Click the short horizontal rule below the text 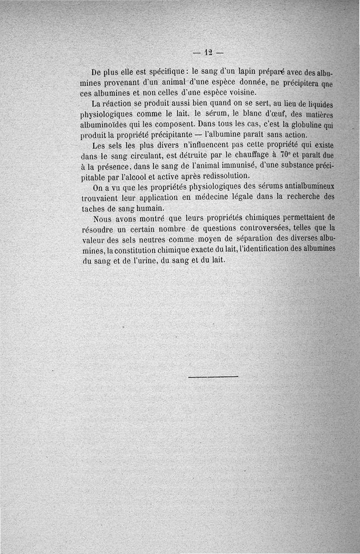[213, 376]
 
